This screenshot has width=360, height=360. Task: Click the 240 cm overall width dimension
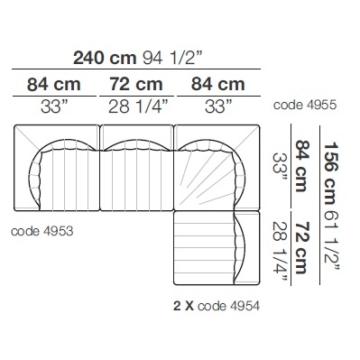[105, 58]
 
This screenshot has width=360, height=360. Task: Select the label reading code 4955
[305, 106]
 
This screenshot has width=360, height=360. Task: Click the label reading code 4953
[42, 231]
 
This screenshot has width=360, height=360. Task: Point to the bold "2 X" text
[183, 306]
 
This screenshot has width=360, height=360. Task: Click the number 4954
[245, 306]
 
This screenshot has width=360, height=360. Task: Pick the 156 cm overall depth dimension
[331, 173]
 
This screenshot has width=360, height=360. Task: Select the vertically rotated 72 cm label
[301, 247]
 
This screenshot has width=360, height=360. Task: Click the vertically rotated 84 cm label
[301, 166]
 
